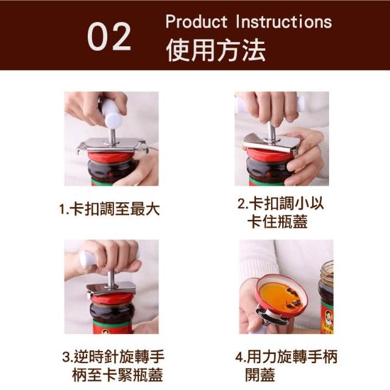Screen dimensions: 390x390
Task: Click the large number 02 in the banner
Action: point(109,37)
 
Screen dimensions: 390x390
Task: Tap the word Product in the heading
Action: point(196,21)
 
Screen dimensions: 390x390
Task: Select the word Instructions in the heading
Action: point(283,21)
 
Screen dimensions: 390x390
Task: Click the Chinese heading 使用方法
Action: point(216,50)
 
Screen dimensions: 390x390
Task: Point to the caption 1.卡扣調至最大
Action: point(110,210)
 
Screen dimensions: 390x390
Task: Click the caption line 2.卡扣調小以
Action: point(280,204)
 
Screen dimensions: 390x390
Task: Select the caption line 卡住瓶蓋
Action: point(277,222)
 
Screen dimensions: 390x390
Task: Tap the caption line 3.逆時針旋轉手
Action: point(113,356)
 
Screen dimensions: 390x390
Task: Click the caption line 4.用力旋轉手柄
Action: point(286,356)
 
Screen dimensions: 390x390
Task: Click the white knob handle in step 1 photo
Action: point(112,112)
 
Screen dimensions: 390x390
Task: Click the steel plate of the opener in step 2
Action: point(272,143)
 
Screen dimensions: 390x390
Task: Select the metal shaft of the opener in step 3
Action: point(111,278)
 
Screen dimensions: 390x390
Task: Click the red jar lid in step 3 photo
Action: point(112,299)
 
